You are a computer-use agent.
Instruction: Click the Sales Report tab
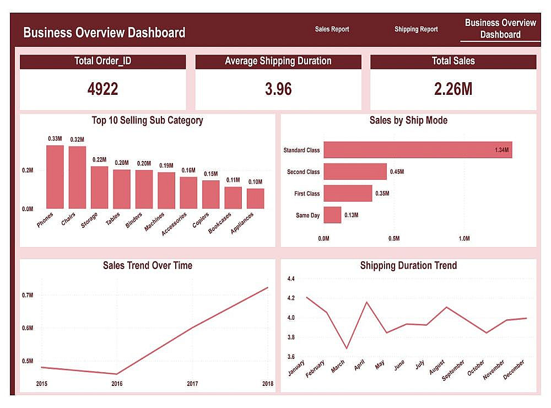click(332, 29)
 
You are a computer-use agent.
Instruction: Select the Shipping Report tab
click(416, 29)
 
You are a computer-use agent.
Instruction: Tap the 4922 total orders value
click(102, 89)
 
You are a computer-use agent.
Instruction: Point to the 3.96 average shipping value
click(278, 89)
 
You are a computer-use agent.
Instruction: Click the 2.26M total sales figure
click(453, 89)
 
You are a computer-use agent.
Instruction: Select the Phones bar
click(55, 177)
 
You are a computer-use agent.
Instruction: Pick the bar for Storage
click(99, 187)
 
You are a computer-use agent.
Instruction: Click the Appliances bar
click(255, 198)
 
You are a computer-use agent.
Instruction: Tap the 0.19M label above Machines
click(166, 165)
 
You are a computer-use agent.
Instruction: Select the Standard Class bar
click(418, 150)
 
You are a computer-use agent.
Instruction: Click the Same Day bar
click(332, 215)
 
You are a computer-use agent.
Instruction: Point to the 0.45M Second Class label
click(397, 172)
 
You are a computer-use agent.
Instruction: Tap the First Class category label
click(306, 194)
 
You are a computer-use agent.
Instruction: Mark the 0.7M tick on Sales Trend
click(28, 296)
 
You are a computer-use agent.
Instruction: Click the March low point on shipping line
click(346, 348)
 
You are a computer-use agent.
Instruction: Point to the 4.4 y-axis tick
click(291, 279)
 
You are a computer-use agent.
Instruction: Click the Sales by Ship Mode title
click(408, 120)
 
